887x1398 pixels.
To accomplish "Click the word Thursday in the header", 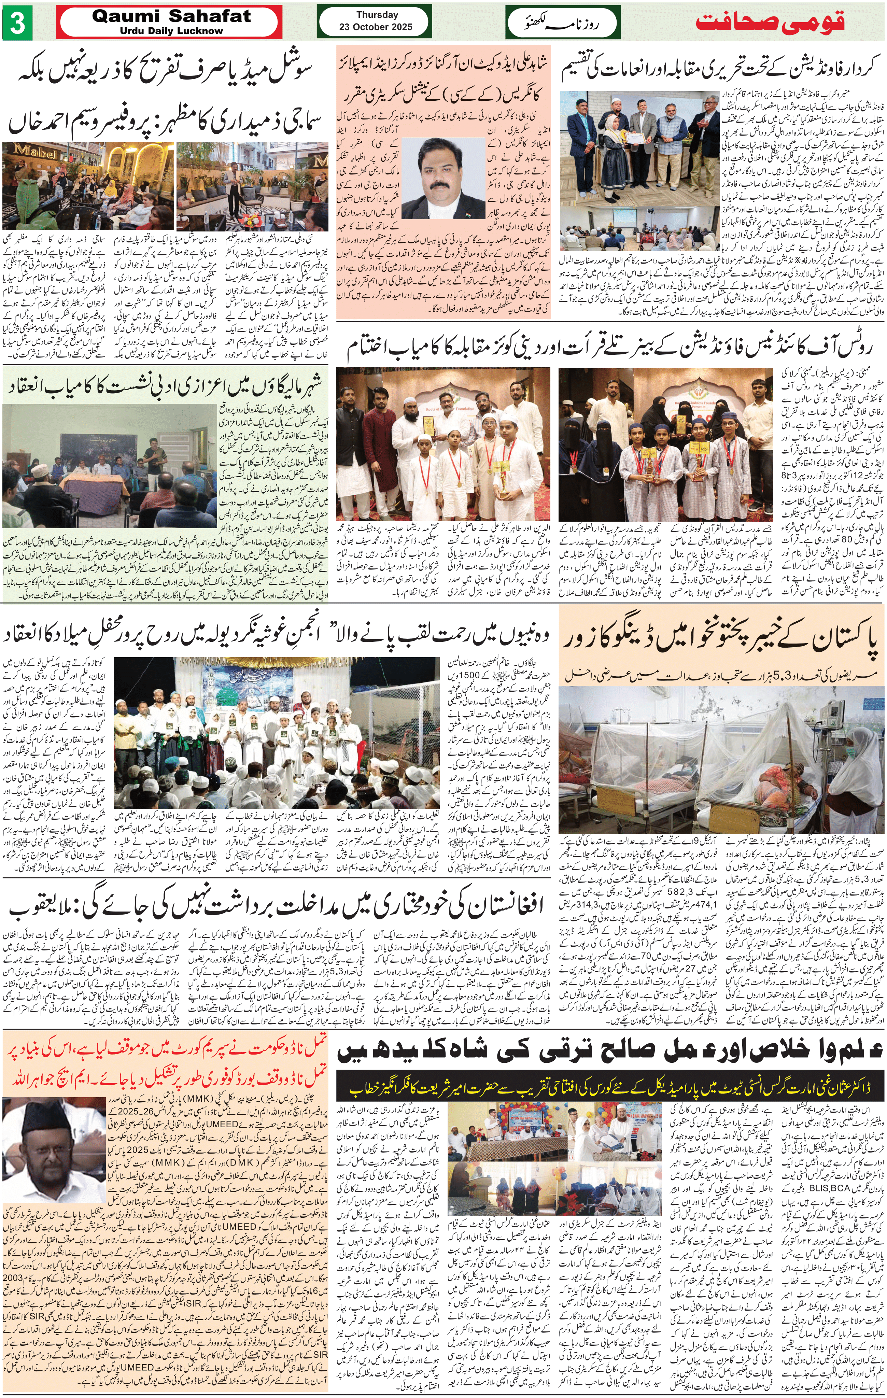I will [x=377, y=15].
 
